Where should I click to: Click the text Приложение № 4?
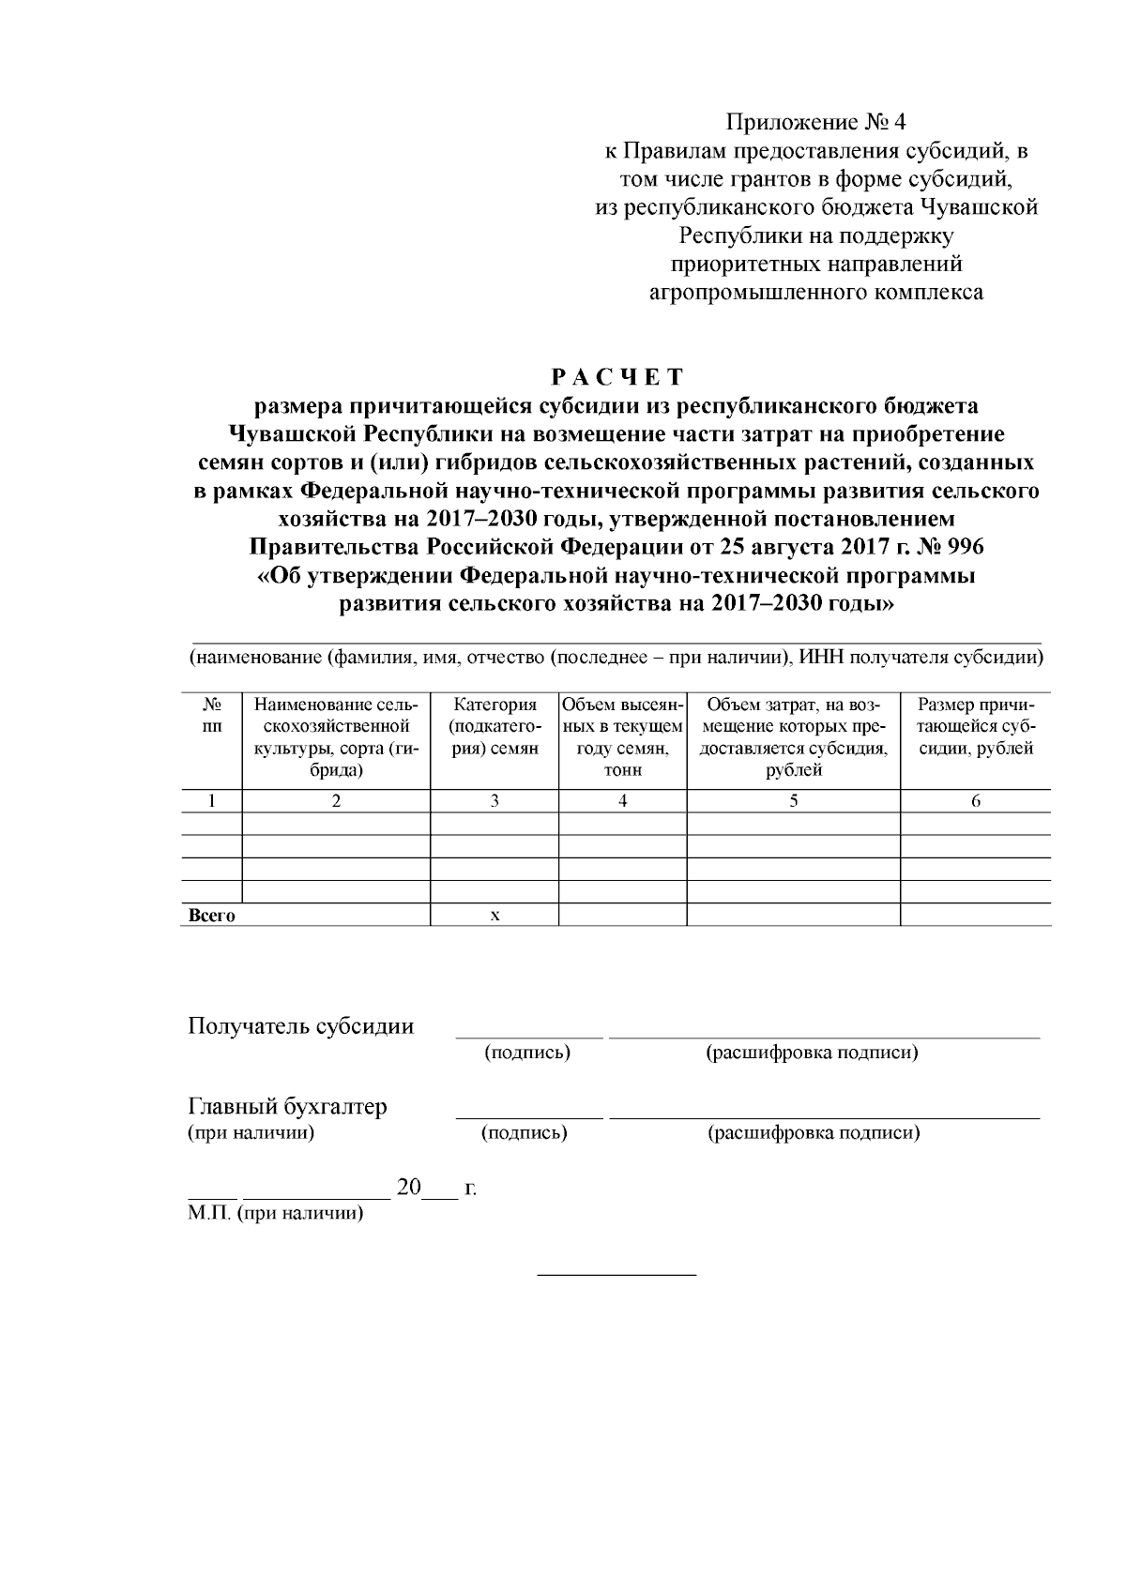point(816,123)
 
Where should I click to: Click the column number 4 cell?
point(622,800)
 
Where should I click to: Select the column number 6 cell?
point(975,800)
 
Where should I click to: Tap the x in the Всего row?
point(495,916)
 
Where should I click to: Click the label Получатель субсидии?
point(301,1025)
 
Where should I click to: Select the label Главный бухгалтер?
point(288,1106)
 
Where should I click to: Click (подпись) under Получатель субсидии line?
point(527,1053)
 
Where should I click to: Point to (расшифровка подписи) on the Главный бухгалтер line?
point(813,1133)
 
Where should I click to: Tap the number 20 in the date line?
point(409,1187)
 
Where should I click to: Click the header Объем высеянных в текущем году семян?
point(622,737)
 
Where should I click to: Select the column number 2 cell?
point(336,800)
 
